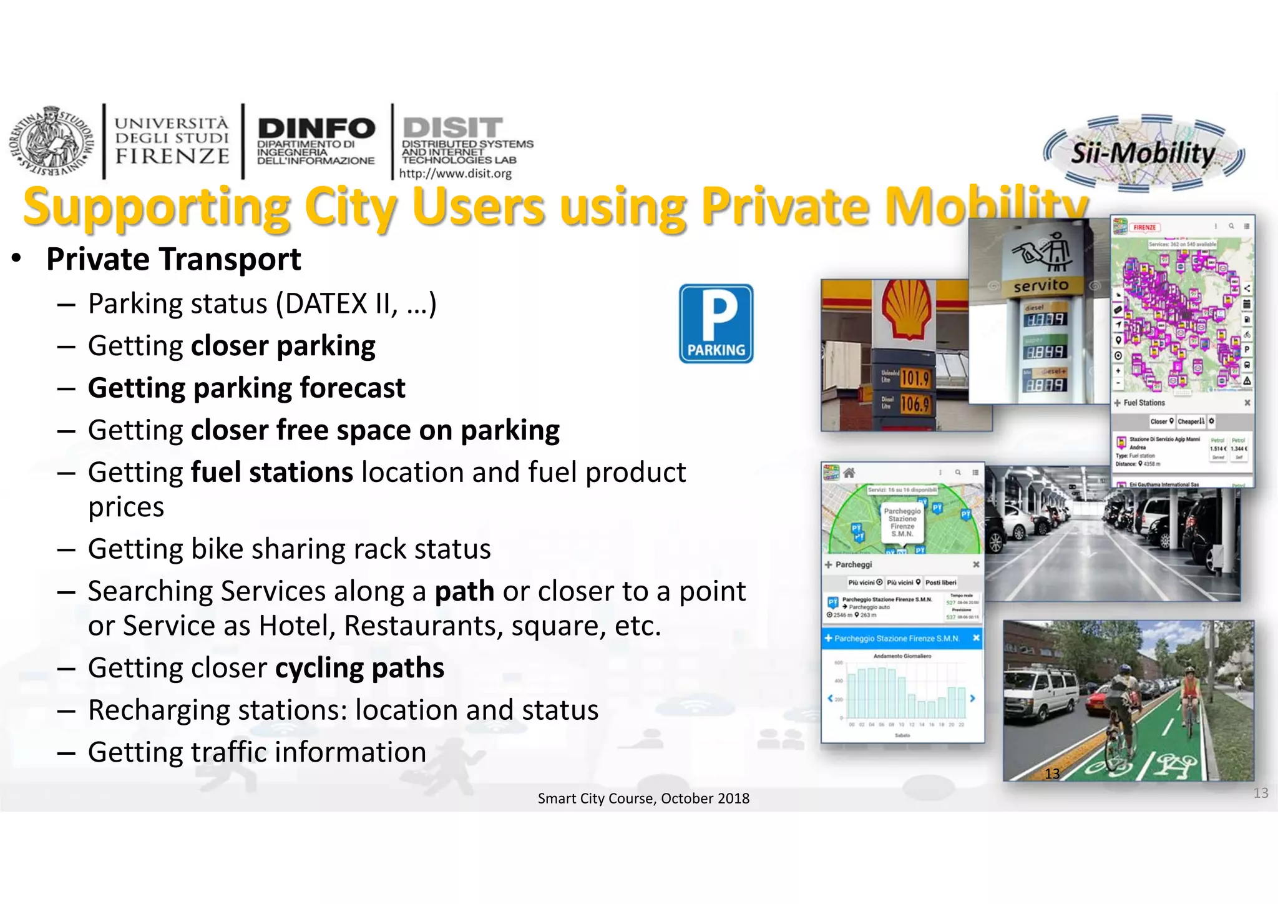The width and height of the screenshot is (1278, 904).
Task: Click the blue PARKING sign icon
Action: point(716,323)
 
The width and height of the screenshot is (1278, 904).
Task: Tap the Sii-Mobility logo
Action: point(1143,153)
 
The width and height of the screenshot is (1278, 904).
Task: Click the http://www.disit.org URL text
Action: point(455,174)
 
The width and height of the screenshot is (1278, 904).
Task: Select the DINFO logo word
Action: point(316,129)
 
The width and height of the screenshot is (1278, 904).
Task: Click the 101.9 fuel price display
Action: point(915,378)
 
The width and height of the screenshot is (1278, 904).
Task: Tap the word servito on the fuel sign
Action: point(1041,285)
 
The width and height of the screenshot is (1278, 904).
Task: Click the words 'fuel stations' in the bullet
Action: point(272,473)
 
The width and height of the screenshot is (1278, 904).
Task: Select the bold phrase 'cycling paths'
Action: point(359,668)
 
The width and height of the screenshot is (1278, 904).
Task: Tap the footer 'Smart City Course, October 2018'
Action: point(643,798)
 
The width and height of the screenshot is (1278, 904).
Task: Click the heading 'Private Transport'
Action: point(173,259)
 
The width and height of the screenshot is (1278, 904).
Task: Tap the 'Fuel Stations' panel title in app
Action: point(1144,403)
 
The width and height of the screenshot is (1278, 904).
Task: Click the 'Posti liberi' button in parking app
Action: point(940,582)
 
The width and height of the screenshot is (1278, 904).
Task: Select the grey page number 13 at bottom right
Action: point(1261,793)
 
